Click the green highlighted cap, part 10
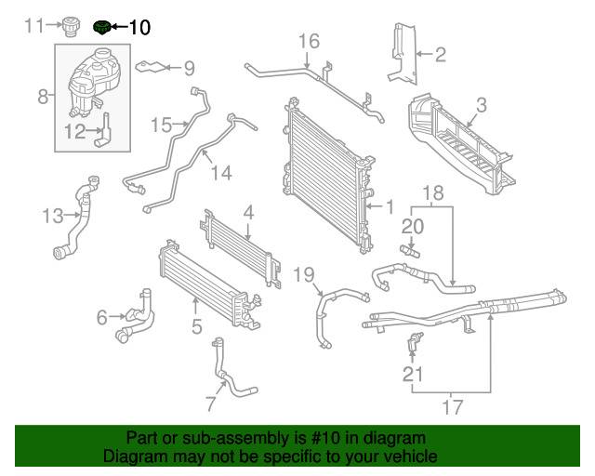point(101,27)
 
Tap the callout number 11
point(34,25)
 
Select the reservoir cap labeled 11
point(69,26)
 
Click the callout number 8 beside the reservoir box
point(42,95)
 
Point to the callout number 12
point(74,132)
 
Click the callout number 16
point(309,40)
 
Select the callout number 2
point(441,55)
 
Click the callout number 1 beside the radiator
point(390,206)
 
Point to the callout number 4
point(248,212)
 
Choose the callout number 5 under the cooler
point(196,326)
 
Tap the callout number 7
point(210,404)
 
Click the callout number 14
point(219,172)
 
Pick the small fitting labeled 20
point(409,250)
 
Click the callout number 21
point(412,375)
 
